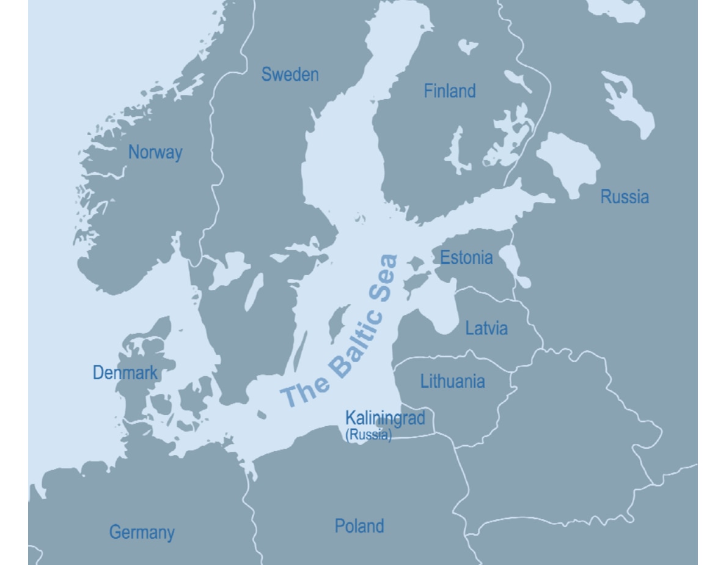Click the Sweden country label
tap(290, 75)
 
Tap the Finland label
tap(449, 91)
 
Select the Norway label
tap(155, 152)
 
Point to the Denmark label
tap(125, 372)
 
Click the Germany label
tap(142, 532)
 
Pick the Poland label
tap(359, 526)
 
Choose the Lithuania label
tap(452, 382)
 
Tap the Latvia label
tap(486, 328)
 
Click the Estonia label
tap(466, 257)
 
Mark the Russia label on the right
tap(624, 197)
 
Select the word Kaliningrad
tap(384, 418)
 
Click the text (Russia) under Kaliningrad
tap(368, 435)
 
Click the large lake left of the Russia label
tap(567, 162)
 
